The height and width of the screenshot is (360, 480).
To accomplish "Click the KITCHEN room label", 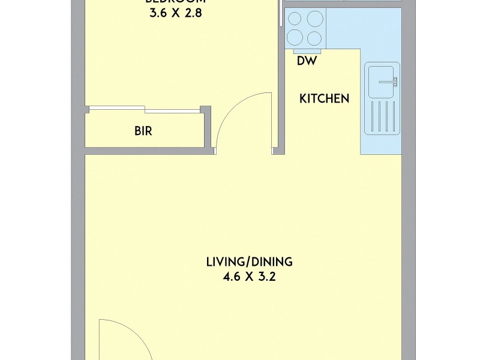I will click(x=324, y=99).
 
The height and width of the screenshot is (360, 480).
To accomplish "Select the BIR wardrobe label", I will click(x=143, y=131).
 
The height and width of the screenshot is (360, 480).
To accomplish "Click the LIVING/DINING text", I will click(x=249, y=262).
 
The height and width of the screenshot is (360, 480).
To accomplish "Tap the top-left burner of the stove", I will click(x=295, y=19).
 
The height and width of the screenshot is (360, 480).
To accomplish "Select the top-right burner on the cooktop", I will click(x=314, y=19).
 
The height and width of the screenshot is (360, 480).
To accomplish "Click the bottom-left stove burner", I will click(x=295, y=38).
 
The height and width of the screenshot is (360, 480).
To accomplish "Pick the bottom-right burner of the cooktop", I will click(x=314, y=38).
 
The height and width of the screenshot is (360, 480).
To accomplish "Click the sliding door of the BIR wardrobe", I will click(x=144, y=110).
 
